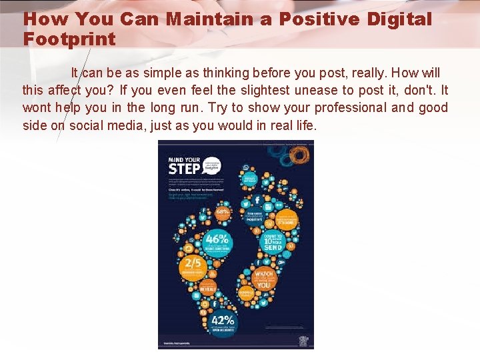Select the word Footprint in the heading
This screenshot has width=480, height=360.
69,39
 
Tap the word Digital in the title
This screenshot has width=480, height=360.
399,19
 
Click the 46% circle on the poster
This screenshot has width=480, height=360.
217,241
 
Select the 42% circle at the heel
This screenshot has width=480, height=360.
223,322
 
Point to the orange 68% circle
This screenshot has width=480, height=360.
223,213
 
